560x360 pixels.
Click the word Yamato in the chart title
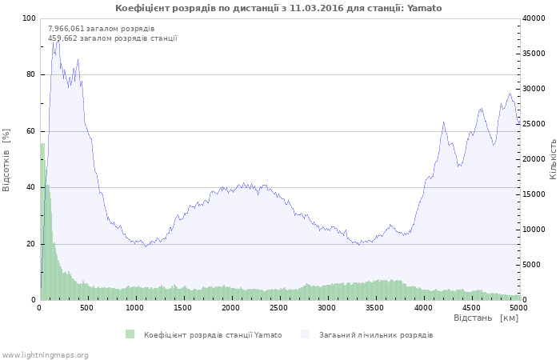(425, 8)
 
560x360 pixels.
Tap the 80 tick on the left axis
(31, 74)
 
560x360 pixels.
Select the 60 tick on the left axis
(31, 131)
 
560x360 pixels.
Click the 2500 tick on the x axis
(278, 307)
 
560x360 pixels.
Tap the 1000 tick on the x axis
(134, 307)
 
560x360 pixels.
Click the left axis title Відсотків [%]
(7, 159)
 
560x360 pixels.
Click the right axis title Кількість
(553, 158)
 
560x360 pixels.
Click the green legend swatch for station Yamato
(130, 334)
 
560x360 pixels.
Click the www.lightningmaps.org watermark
(45, 354)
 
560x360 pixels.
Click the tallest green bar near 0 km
(42, 224)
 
